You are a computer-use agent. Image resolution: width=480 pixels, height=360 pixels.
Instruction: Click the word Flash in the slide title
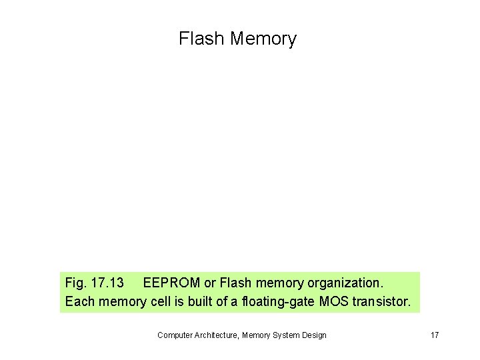click(x=201, y=39)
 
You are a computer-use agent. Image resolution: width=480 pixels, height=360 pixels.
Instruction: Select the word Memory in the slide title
click(x=263, y=39)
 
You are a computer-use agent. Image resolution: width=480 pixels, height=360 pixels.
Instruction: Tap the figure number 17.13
click(x=107, y=283)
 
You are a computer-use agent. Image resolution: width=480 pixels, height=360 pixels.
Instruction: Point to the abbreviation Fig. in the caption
click(x=76, y=283)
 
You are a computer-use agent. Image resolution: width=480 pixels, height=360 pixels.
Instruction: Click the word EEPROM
click(x=171, y=283)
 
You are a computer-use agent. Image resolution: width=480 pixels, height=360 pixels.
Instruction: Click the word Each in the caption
click(x=79, y=301)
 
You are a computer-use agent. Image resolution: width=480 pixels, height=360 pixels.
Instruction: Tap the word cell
click(x=161, y=301)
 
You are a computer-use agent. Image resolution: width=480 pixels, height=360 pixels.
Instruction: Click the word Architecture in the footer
click(x=217, y=335)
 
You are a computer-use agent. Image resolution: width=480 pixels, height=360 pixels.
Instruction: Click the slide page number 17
click(x=435, y=335)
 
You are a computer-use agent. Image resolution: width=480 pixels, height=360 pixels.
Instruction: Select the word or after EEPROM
click(x=210, y=283)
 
